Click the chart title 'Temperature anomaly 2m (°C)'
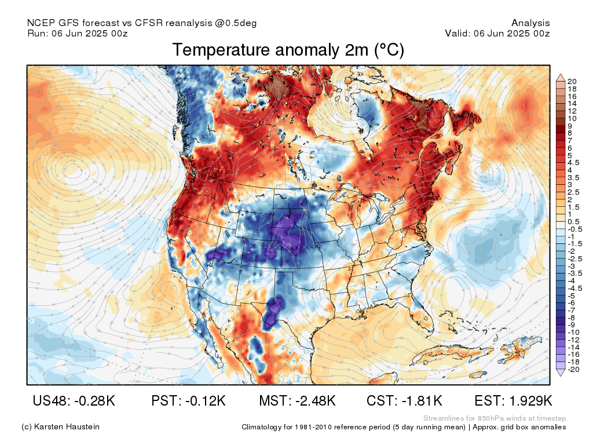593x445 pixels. coord(288,50)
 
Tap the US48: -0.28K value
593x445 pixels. coord(74,400)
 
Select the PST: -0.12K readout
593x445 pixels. coord(188,400)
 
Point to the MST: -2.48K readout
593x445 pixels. coord(297,400)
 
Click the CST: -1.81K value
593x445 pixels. coord(404,400)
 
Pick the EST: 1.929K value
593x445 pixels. coord(513,400)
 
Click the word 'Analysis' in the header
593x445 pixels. coord(530,23)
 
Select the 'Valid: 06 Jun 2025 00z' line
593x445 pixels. coord(497,33)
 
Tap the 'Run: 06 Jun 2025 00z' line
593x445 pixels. coord(78,33)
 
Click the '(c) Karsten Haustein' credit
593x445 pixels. coord(60,427)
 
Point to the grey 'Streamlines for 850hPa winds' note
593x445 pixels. coord(495,418)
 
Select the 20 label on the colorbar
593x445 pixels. coord(572,81)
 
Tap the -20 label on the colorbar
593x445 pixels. coord(573,369)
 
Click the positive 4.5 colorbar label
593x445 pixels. coord(573,163)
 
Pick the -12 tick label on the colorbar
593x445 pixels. coord(573,340)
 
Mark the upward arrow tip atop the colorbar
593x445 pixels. coord(561,75)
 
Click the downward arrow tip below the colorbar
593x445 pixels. coord(561,375)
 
